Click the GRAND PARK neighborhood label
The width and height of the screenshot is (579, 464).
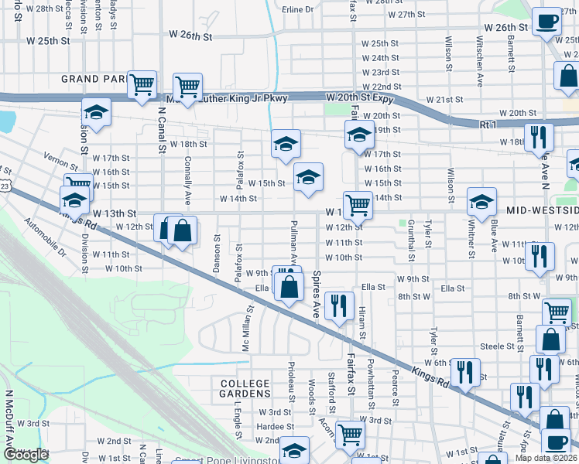(91, 79)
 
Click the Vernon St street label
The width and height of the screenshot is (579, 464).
(61, 162)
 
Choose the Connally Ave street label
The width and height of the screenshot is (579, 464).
(187, 175)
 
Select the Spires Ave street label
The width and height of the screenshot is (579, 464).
(317, 295)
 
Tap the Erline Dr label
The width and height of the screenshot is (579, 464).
(298, 9)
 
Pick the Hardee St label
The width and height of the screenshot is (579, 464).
(273, 426)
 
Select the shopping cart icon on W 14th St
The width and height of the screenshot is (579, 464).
(357, 205)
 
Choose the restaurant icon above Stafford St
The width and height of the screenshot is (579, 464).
(338, 305)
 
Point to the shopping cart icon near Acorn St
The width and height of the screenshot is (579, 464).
(350, 435)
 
